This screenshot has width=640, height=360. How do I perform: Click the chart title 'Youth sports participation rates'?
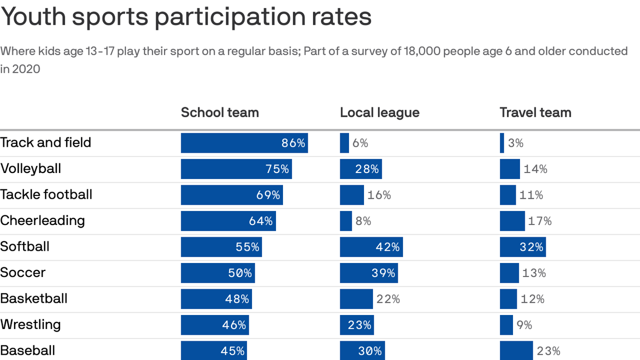click(186, 17)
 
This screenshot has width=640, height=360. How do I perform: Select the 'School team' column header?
click(220, 112)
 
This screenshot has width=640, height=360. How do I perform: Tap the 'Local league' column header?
click(380, 112)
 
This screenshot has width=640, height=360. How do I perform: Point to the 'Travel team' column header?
click(535, 112)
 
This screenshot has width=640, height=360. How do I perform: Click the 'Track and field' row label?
click(45, 142)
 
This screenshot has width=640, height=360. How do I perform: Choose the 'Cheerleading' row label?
click(42, 221)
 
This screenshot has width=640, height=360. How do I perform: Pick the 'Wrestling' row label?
click(30, 325)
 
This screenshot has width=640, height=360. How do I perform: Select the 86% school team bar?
click(244, 143)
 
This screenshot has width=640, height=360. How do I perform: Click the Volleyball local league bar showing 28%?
click(361, 169)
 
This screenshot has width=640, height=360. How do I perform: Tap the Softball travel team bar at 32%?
click(522, 247)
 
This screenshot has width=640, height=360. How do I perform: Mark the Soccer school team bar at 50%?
click(218, 273)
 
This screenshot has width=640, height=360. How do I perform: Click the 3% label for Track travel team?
click(515, 143)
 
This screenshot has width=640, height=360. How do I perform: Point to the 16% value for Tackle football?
click(379, 195)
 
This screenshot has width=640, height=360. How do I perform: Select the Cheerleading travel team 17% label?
click(540, 221)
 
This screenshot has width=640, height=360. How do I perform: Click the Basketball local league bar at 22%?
click(356, 299)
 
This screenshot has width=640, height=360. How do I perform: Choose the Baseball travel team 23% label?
click(549, 351)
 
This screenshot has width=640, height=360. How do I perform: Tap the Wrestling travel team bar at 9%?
click(506, 325)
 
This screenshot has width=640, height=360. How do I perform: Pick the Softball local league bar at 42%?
click(371, 247)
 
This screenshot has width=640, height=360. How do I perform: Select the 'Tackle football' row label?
click(46, 195)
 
